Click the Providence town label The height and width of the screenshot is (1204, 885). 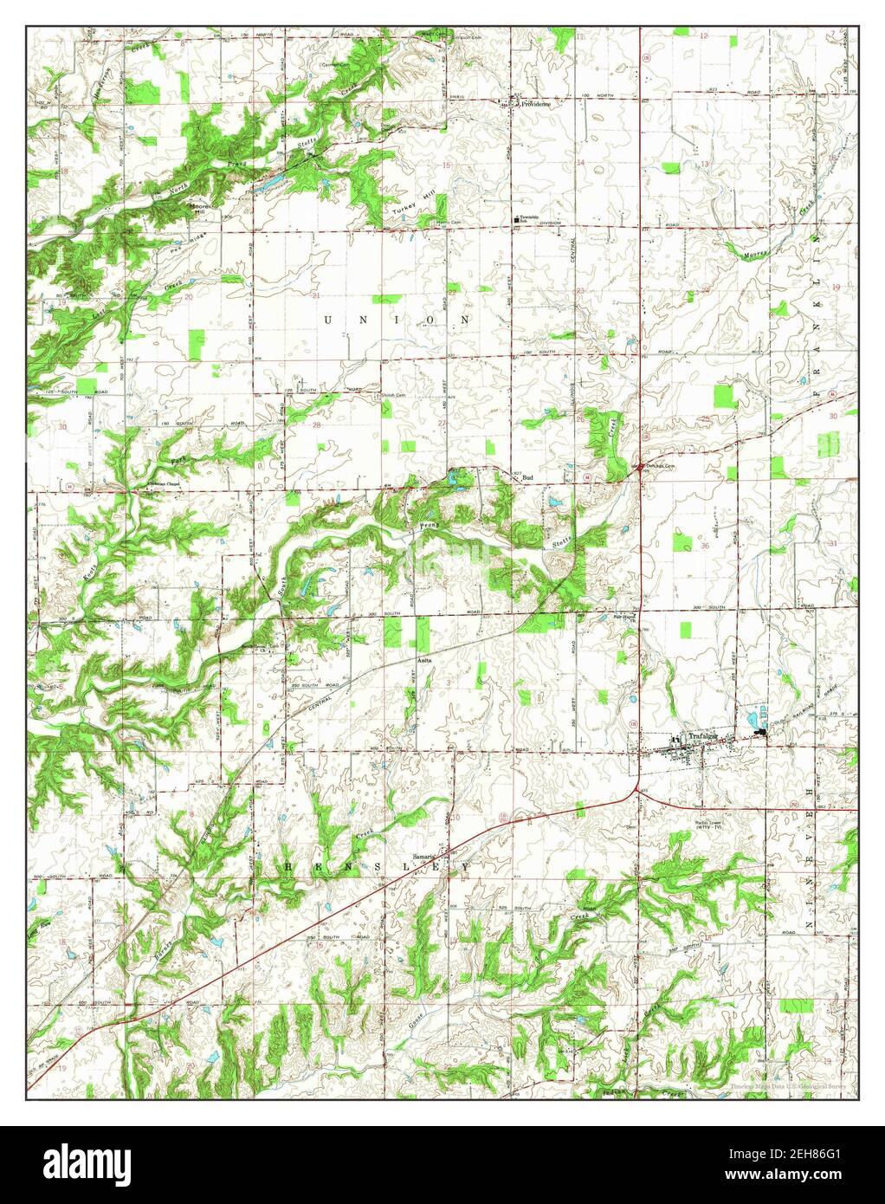tap(536, 102)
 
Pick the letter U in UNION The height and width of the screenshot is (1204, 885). tap(328, 320)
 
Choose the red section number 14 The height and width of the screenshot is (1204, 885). tap(581, 163)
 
